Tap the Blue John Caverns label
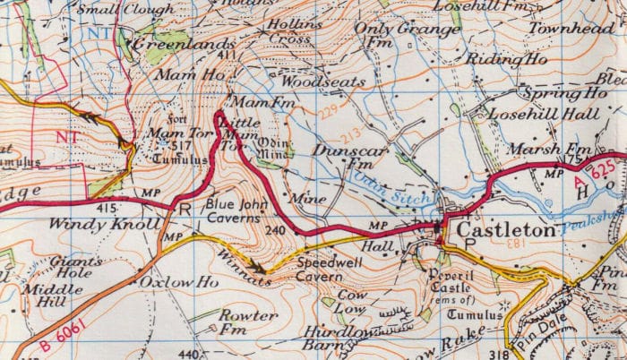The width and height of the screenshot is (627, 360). coord(236,210)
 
